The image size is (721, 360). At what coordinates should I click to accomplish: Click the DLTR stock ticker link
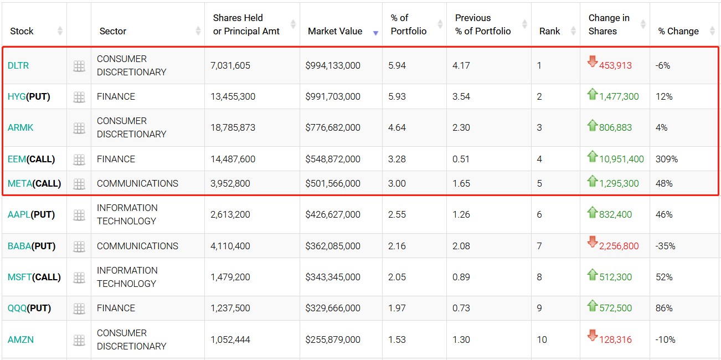(18, 65)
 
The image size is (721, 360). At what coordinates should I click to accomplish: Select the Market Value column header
(334, 31)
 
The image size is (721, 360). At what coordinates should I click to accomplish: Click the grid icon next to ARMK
(79, 128)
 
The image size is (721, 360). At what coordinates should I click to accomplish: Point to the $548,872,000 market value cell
(333, 159)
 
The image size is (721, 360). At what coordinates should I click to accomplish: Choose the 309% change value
(667, 159)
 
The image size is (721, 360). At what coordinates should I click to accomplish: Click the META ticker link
(20, 183)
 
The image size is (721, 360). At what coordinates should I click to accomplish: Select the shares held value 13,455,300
(233, 96)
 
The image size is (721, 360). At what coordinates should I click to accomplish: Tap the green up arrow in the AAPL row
(593, 212)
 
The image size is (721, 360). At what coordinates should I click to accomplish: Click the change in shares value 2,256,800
(619, 246)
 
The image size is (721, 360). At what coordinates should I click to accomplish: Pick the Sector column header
(113, 31)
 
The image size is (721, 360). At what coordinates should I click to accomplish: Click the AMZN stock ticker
(20, 340)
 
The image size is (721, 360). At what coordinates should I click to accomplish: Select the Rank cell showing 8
(539, 277)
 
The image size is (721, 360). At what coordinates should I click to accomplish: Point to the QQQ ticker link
(17, 308)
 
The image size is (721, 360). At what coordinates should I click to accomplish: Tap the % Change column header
(678, 31)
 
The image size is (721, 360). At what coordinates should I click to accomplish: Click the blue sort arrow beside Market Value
(375, 33)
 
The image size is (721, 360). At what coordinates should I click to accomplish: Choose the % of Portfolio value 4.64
(397, 127)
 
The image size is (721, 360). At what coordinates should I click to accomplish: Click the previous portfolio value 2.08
(461, 246)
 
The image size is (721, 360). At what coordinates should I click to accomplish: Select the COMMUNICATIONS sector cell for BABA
(137, 246)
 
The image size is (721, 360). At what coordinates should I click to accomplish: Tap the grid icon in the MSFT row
(79, 277)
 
